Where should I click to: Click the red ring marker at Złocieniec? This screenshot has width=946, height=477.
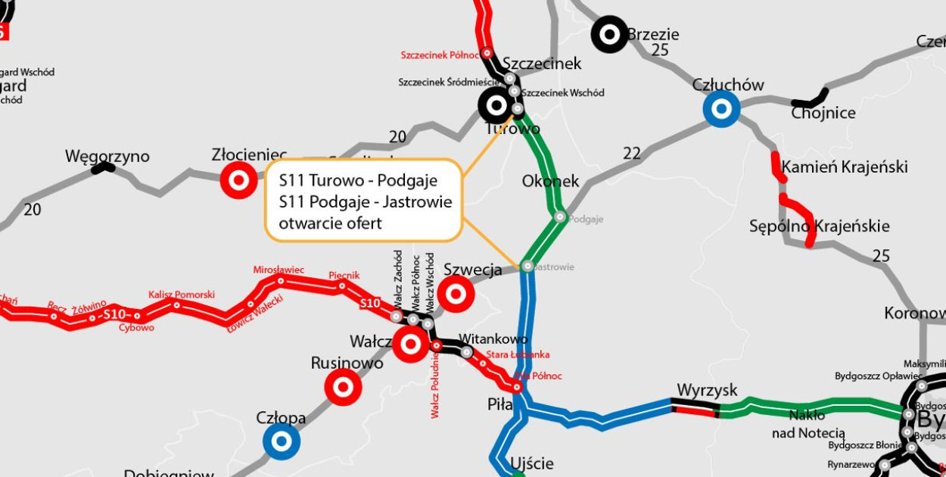point(238,180)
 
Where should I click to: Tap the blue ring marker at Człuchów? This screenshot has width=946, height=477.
point(721,109)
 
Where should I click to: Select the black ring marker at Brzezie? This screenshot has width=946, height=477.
point(609,34)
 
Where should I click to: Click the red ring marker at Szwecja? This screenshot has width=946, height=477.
point(456,294)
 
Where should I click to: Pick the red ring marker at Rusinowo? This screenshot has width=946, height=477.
point(343,387)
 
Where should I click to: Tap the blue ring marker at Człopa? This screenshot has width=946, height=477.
point(282,441)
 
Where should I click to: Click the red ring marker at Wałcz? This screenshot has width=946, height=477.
point(411,344)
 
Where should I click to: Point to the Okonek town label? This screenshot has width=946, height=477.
point(550,181)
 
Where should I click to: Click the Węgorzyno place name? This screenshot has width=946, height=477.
point(107,157)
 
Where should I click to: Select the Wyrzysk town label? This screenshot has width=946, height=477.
point(707,390)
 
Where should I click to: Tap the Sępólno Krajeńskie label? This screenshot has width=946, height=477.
point(819,226)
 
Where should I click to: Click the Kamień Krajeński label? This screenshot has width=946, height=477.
point(844,167)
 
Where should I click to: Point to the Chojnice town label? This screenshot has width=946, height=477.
point(823,114)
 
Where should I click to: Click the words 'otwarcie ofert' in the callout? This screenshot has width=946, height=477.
point(330,223)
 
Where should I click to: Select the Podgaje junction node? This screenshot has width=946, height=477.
point(561,217)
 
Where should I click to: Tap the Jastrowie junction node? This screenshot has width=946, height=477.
point(527,267)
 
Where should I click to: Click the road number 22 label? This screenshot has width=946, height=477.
point(632,154)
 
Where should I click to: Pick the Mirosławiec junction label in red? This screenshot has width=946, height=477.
point(279,270)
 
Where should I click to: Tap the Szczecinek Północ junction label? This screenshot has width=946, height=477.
point(439,55)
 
